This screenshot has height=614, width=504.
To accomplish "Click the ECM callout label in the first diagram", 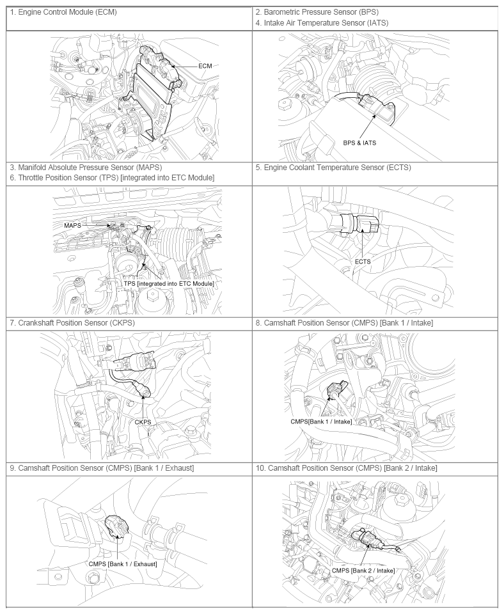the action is pos(205,66).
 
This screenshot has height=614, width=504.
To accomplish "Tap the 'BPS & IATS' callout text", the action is pos(359,143).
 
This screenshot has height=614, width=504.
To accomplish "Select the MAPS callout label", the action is pos(72,226).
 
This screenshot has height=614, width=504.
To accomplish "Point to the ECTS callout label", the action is pos(363,262).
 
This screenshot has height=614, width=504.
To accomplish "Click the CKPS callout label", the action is pos(143,422).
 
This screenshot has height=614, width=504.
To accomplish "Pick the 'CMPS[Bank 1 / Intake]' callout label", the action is pos(321,421).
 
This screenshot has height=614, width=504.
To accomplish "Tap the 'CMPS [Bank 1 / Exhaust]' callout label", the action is pos(123,564).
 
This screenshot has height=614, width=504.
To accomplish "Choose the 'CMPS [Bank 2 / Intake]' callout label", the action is pos(363,571).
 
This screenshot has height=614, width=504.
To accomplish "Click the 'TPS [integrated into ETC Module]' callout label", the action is pos(169,283).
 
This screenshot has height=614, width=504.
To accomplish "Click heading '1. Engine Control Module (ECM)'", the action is pos(63,12).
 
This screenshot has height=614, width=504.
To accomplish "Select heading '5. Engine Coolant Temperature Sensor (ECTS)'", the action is pos(333,168).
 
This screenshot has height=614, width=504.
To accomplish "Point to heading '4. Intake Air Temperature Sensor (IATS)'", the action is pos(322,23).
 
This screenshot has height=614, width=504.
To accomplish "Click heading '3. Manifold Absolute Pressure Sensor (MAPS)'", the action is pos(86,168).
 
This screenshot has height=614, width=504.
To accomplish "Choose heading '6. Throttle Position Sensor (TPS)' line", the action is pos(112,178).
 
